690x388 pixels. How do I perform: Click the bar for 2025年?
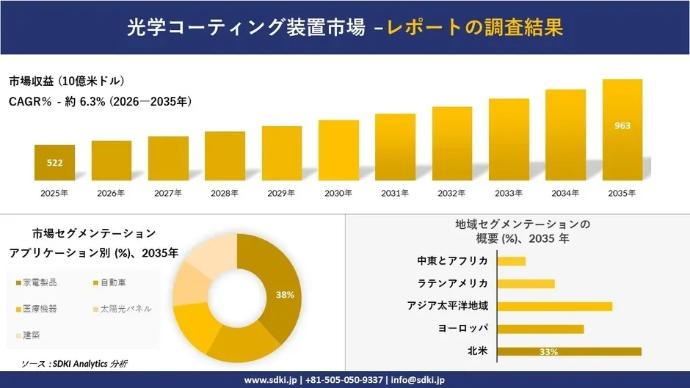[x=54, y=163]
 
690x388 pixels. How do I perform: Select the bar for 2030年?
[x=338, y=150]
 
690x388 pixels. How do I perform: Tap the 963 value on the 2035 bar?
[x=622, y=125]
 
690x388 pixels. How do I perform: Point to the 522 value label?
[x=54, y=163]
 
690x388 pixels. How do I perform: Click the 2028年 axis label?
[x=225, y=194]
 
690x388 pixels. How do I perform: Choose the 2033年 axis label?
[x=509, y=194]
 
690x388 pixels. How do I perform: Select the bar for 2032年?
[x=451, y=144]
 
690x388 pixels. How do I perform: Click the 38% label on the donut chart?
[x=285, y=295]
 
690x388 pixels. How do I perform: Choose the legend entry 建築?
[x=32, y=335]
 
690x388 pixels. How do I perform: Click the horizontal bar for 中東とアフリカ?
[x=512, y=261]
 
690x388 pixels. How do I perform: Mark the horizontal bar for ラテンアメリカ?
[x=526, y=284]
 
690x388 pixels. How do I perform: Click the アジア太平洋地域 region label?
[x=448, y=306]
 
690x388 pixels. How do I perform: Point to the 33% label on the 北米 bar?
[x=548, y=352]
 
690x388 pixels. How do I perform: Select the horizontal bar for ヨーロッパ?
[x=540, y=329]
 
